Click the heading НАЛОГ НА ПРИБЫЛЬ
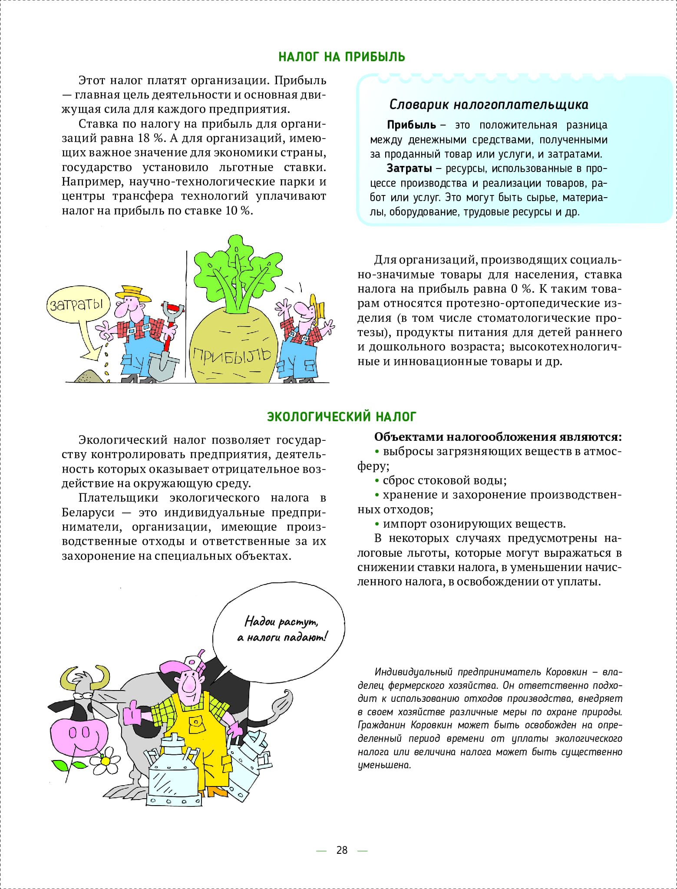point(341,57)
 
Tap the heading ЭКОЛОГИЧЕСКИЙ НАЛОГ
point(341,416)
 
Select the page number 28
point(342,850)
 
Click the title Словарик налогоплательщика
point(489,105)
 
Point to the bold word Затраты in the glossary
point(409,169)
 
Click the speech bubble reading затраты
point(77,304)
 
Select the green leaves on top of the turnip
point(237,269)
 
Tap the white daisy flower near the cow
point(106,761)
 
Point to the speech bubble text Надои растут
point(281,621)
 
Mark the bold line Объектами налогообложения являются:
point(498,437)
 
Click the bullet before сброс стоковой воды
point(377,481)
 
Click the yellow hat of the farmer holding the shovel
point(135,292)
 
